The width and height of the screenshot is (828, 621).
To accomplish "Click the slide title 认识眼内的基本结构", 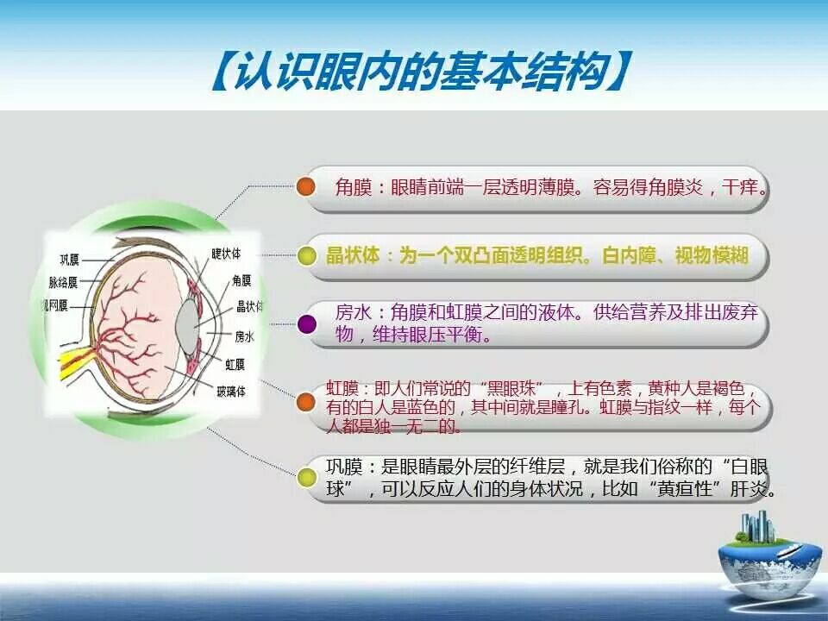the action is (x=420, y=72).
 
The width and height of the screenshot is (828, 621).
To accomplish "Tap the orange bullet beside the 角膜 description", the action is (x=305, y=186).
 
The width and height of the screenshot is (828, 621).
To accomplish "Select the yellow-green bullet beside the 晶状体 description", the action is (x=305, y=255).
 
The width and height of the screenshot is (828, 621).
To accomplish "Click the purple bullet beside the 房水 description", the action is (x=307, y=323).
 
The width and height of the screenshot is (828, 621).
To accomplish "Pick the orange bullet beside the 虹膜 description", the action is (x=305, y=402).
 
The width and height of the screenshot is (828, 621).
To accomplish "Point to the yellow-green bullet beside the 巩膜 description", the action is (x=306, y=477).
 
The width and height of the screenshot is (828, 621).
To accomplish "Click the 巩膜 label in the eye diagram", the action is (x=69, y=260).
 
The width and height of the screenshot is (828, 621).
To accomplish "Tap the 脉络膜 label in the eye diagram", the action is (x=63, y=283).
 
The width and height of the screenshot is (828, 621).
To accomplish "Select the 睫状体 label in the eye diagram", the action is (x=226, y=254).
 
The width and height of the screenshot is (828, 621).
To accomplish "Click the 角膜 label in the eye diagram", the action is (x=241, y=280).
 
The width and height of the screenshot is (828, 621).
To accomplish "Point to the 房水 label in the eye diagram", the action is (x=244, y=336).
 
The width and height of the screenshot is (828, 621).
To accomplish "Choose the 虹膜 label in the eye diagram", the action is (x=235, y=364).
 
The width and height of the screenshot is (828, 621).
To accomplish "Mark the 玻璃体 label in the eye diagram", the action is (x=231, y=392).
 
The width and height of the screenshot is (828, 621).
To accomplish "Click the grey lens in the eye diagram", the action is (x=187, y=323).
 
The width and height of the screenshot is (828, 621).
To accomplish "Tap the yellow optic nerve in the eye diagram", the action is (x=74, y=361).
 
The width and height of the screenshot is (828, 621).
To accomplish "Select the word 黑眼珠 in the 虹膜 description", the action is (x=510, y=389).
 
